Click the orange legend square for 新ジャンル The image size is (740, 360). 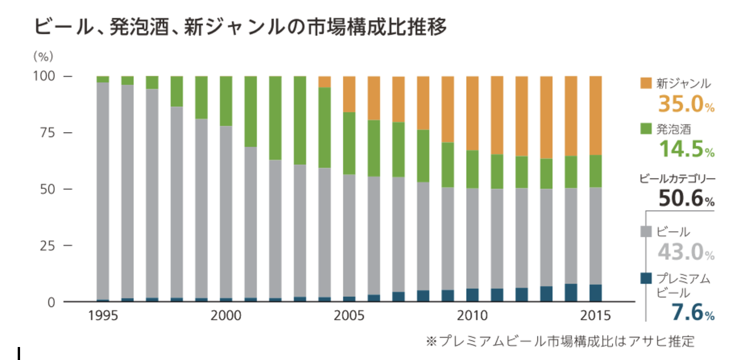click(646, 83)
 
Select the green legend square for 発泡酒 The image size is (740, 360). click(646, 129)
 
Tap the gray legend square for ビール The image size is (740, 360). click(646, 232)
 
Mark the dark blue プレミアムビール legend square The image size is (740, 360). click(646, 278)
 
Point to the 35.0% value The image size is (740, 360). click(686, 104)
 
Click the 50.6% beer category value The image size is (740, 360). click(686, 199)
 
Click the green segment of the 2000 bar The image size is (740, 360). click(226, 101)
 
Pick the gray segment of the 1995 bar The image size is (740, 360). click(103, 189)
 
